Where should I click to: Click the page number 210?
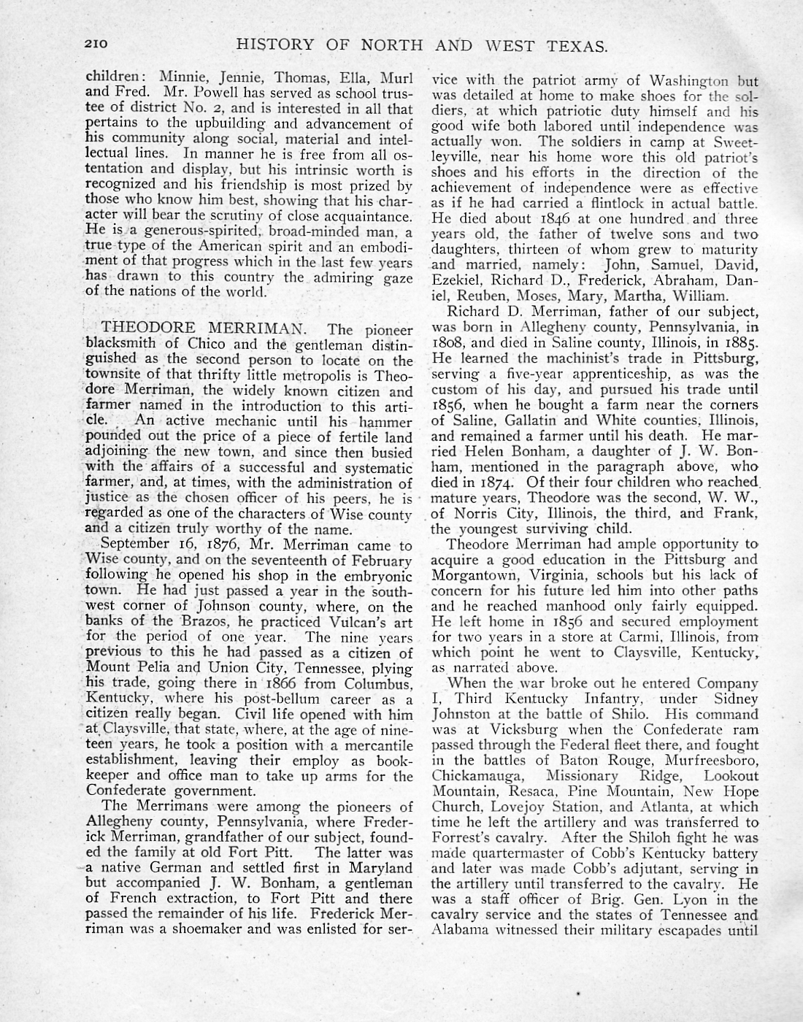(96, 45)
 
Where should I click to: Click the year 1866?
(288, 683)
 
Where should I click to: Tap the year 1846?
(536, 218)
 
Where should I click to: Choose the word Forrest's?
(458, 838)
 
